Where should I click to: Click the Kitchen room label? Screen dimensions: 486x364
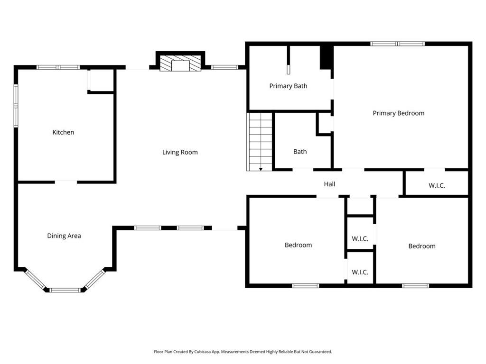(63, 133)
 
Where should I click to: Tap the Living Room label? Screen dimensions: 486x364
(180, 152)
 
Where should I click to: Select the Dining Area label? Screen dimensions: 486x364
(64, 236)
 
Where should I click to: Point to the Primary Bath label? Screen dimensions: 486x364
(288, 86)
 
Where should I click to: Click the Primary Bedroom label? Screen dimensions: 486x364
(399, 113)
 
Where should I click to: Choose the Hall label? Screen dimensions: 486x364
(329, 184)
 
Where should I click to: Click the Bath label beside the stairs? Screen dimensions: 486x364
(300, 152)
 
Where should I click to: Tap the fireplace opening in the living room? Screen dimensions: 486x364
(180, 66)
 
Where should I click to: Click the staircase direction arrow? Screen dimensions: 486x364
(261, 169)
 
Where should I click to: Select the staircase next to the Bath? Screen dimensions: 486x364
(260, 142)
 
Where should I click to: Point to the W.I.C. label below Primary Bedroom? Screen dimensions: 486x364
(437, 186)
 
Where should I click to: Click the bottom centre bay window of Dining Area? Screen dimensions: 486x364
(65, 290)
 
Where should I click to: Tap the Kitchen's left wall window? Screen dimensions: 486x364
(16, 106)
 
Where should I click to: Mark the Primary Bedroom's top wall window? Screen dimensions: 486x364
(398, 44)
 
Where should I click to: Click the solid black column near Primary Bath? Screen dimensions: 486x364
(327, 57)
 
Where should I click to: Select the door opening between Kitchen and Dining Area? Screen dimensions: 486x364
(66, 182)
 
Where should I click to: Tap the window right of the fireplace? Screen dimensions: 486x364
(224, 67)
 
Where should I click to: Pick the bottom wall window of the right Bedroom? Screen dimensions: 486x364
(416, 286)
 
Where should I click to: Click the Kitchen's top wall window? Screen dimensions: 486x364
(58, 67)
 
